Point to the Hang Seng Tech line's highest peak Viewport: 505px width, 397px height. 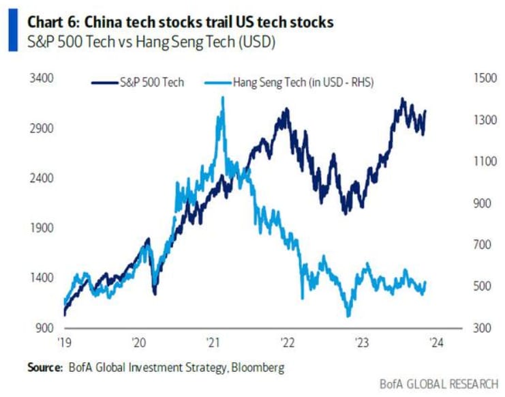click(223, 98)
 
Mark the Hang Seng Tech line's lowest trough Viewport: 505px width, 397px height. click(349, 315)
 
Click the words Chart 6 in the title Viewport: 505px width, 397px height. click(52, 23)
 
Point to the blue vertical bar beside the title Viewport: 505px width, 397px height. click(12, 31)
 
